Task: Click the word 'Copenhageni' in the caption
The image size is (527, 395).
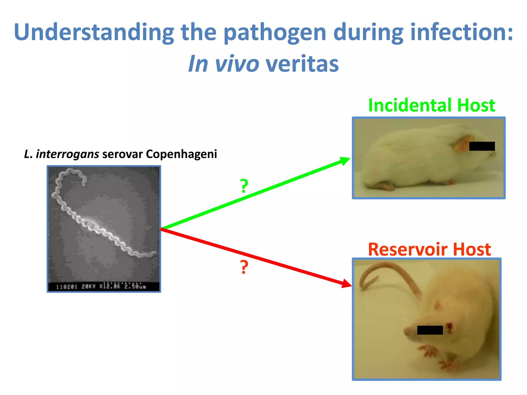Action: (181, 154)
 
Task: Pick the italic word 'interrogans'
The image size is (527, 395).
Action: (67, 154)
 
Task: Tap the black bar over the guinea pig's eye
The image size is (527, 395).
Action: (482, 146)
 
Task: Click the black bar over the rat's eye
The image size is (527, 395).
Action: (430, 330)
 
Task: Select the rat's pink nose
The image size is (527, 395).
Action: (407, 332)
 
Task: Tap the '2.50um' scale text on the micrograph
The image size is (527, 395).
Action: (135, 286)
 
